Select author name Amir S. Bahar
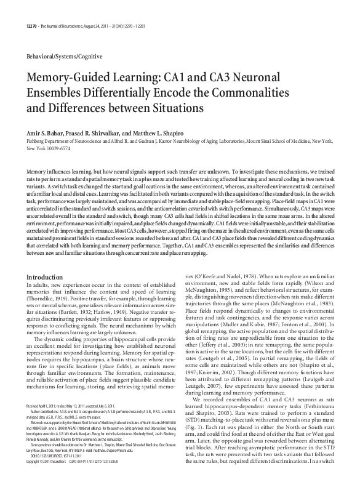coord(46,133)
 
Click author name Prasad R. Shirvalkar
coord(102,133)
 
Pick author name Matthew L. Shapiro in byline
coord(163,133)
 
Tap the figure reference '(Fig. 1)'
coord(198,408)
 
